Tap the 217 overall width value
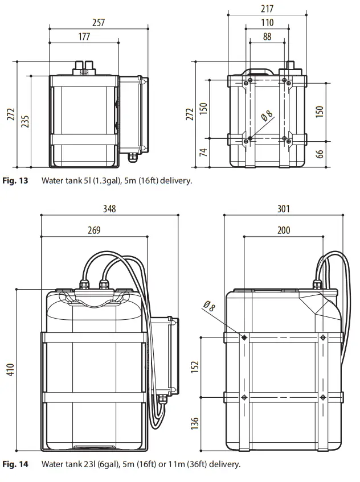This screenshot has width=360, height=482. [267, 9]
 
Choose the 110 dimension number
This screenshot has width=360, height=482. [267, 23]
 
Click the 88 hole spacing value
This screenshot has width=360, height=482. [267, 37]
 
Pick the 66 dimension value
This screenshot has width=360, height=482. [320, 154]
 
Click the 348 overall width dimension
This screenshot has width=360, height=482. [109, 209]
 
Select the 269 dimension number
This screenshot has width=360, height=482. [94, 230]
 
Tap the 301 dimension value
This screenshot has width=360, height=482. [283, 209]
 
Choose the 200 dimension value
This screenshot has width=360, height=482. [283, 230]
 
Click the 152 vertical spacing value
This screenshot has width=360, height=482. [195, 368]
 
